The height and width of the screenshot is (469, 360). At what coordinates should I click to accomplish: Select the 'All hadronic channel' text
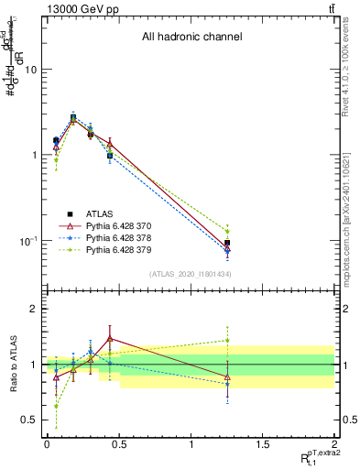point(191,38)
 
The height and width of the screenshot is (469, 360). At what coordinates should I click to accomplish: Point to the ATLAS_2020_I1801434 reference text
point(190,275)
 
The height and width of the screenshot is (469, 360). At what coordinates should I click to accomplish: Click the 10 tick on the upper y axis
point(30,70)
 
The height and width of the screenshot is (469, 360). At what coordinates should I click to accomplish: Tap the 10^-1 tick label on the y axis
point(27,241)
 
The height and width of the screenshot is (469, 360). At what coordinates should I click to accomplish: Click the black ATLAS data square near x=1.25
point(227,243)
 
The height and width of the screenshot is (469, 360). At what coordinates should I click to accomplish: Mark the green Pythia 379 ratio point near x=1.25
point(227,340)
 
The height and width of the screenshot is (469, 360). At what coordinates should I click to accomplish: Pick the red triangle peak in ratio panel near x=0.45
point(110,338)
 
